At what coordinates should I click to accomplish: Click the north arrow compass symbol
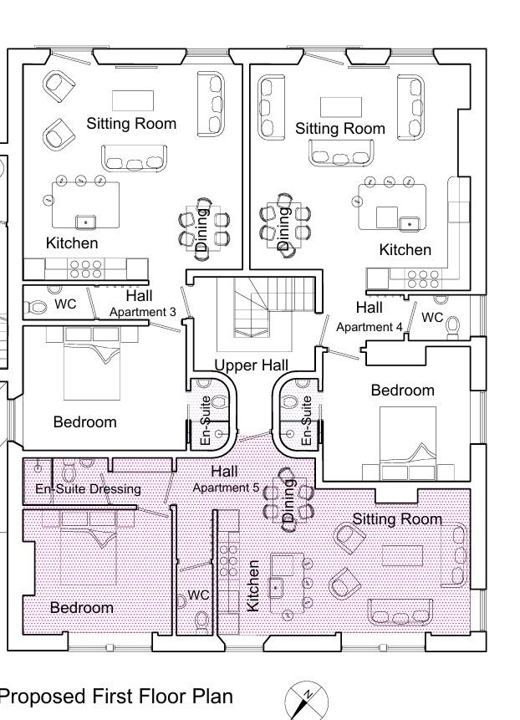click(x=306, y=698)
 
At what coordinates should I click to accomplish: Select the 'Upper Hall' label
click(x=252, y=365)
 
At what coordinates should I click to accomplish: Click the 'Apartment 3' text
click(x=143, y=312)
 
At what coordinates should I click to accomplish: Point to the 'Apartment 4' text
click(x=370, y=327)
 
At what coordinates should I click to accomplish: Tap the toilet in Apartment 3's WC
click(x=37, y=307)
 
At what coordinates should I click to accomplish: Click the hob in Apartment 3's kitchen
click(x=85, y=268)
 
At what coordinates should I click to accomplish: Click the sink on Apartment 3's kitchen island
click(x=84, y=222)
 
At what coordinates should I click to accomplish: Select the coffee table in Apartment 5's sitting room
click(x=405, y=555)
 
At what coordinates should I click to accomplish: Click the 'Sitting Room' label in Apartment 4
click(x=340, y=129)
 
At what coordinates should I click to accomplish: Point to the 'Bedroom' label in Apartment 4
click(x=403, y=391)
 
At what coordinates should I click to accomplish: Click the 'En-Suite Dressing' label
click(x=88, y=489)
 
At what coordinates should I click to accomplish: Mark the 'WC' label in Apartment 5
click(x=198, y=595)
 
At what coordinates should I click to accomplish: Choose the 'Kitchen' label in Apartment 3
click(x=72, y=243)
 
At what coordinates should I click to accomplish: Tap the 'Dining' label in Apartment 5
click(x=290, y=501)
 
